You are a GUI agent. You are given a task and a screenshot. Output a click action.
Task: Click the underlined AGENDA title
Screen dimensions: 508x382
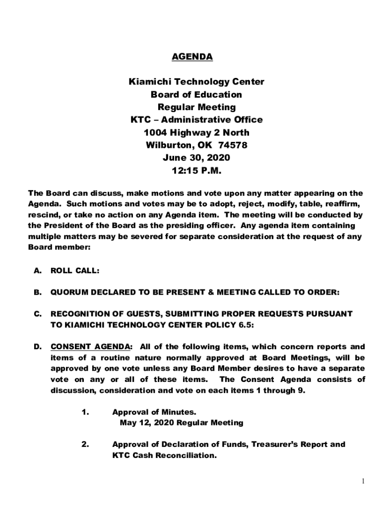pos(192,57)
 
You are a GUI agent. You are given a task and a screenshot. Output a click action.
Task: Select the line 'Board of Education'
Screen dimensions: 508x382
pos(196,95)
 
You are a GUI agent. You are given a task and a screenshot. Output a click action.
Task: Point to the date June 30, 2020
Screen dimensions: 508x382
pos(196,158)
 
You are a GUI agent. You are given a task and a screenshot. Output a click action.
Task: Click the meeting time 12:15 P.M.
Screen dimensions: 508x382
pos(196,171)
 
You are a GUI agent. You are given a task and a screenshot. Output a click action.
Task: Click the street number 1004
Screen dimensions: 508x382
pos(155,133)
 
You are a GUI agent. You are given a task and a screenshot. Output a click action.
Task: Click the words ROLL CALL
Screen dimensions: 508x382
pos(75,271)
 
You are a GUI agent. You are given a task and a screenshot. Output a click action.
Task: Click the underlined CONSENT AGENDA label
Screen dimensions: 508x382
pos(91,347)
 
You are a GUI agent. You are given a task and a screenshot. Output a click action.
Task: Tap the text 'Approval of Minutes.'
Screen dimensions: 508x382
pos(154,412)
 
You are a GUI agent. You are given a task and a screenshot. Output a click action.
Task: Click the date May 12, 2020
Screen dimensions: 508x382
pos(147,423)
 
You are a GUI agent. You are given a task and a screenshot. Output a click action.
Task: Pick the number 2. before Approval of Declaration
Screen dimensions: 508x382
pos(84,444)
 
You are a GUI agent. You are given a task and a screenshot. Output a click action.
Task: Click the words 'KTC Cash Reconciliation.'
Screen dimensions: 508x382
pos(164,455)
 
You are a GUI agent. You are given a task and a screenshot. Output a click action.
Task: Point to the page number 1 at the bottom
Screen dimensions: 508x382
pos(363,481)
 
